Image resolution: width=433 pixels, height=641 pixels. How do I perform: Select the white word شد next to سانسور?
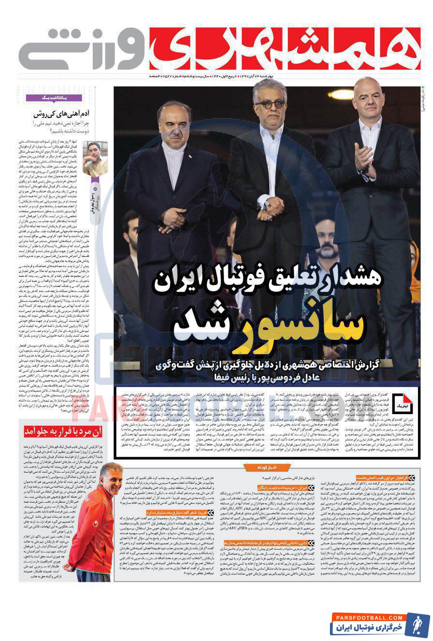199,329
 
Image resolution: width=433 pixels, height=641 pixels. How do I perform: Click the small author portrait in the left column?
95,159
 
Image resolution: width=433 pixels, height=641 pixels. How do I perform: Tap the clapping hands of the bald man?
365,160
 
